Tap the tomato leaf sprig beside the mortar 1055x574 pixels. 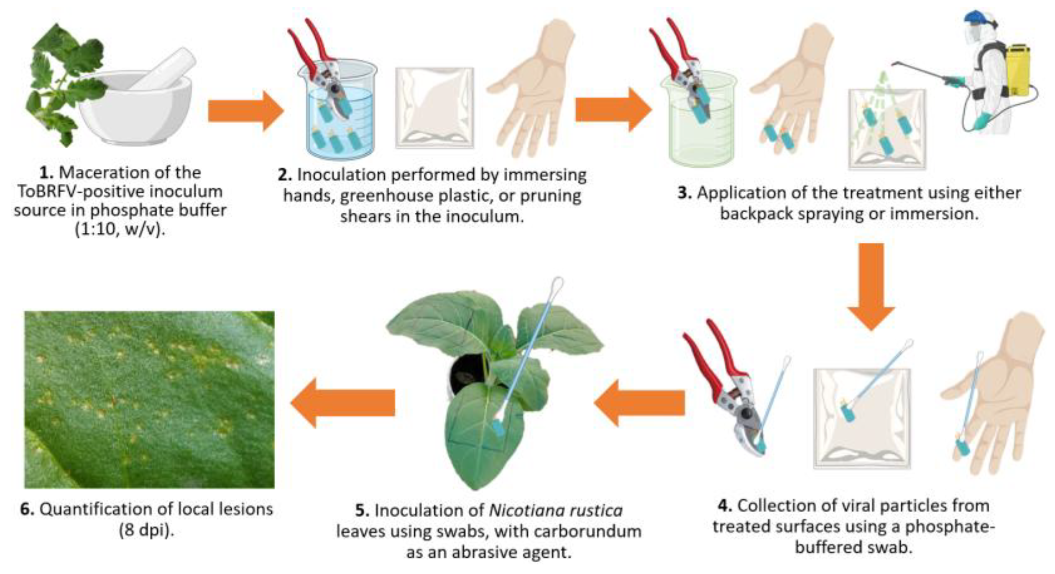pyautogui.click(x=63, y=84)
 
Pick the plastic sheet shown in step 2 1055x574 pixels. pyautogui.click(x=434, y=108)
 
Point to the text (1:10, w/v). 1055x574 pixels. pyautogui.click(x=120, y=229)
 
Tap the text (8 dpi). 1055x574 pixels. pyautogui.click(x=146, y=530)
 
